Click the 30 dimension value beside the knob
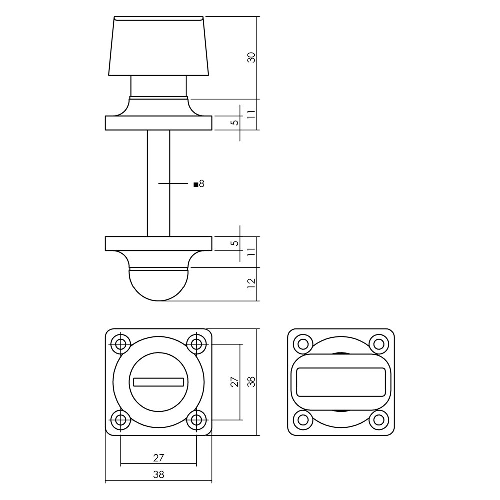tap(252, 57)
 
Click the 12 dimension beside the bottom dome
tap(252, 283)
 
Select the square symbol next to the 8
tap(196, 184)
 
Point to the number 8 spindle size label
tap(201, 184)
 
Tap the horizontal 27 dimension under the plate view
tap(159, 458)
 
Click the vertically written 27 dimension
tap(235, 381)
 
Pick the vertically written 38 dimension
tap(252, 381)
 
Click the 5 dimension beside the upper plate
tap(235, 123)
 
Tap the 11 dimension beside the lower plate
tap(252, 252)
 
